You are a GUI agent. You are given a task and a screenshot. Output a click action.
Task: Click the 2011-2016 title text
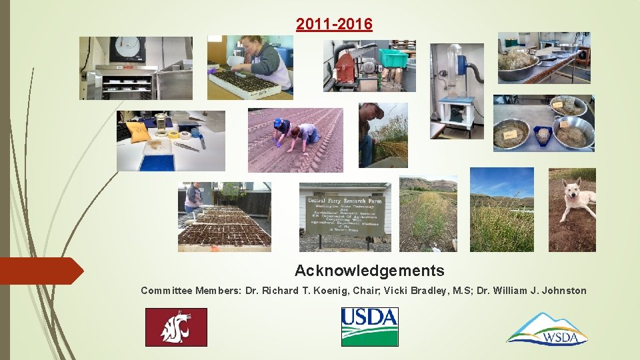[x=335, y=25]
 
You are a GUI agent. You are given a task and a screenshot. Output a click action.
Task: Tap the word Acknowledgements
[x=369, y=271]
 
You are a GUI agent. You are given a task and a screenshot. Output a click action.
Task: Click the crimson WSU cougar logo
[x=176, y=327]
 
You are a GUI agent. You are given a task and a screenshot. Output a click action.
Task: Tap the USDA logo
[x=369, y=327]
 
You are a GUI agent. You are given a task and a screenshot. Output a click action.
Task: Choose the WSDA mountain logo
[x=547, y=329]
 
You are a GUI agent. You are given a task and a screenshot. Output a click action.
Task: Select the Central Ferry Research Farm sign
[x=344, y=215]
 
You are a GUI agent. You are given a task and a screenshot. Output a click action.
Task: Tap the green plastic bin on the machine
[x=393, y=57]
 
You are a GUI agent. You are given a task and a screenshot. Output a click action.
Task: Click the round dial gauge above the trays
[x=127, y=50]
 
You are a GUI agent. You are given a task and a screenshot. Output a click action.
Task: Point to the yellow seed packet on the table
[x=139, y=131]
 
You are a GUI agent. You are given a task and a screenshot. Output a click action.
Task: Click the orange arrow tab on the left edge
[x=40, y=271]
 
